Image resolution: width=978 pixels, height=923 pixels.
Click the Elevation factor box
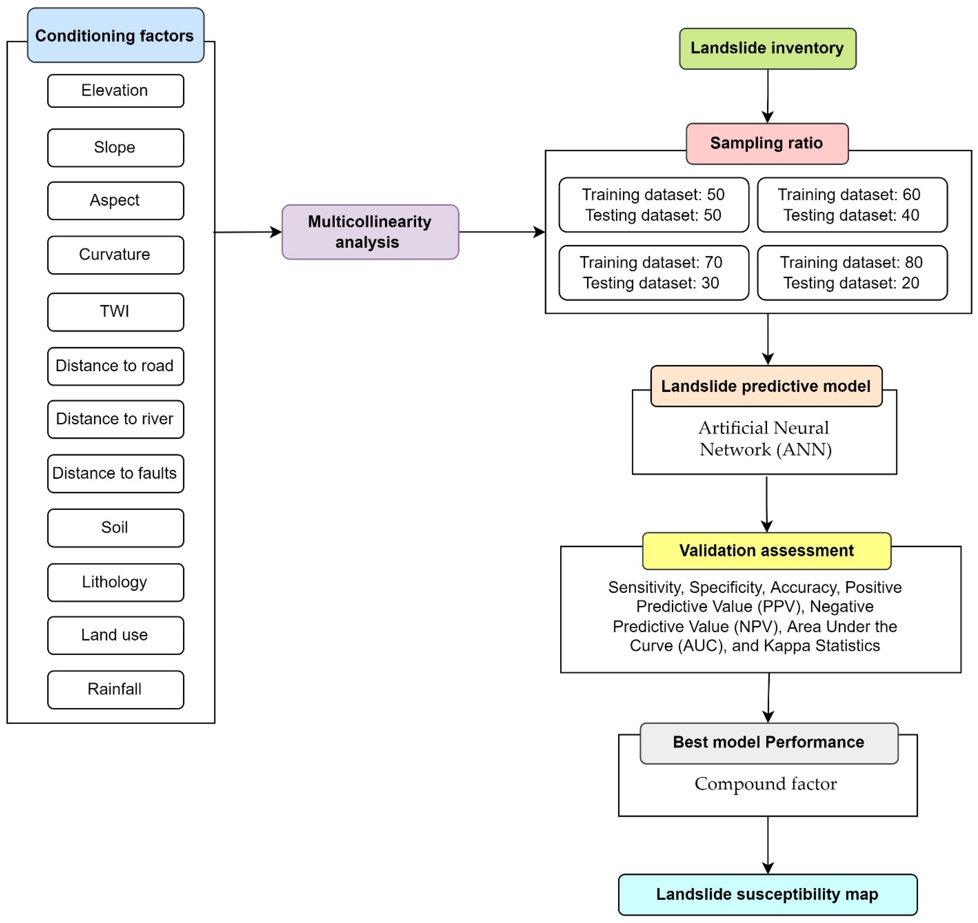(x=116, y=90)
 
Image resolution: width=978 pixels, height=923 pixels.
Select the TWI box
(x=116, y=312)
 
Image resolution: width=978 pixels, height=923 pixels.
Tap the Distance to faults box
(x=116, y=473)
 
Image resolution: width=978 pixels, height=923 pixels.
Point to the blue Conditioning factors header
(x=116, y=35)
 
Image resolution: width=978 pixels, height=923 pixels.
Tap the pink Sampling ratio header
(x=767, y=143)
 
